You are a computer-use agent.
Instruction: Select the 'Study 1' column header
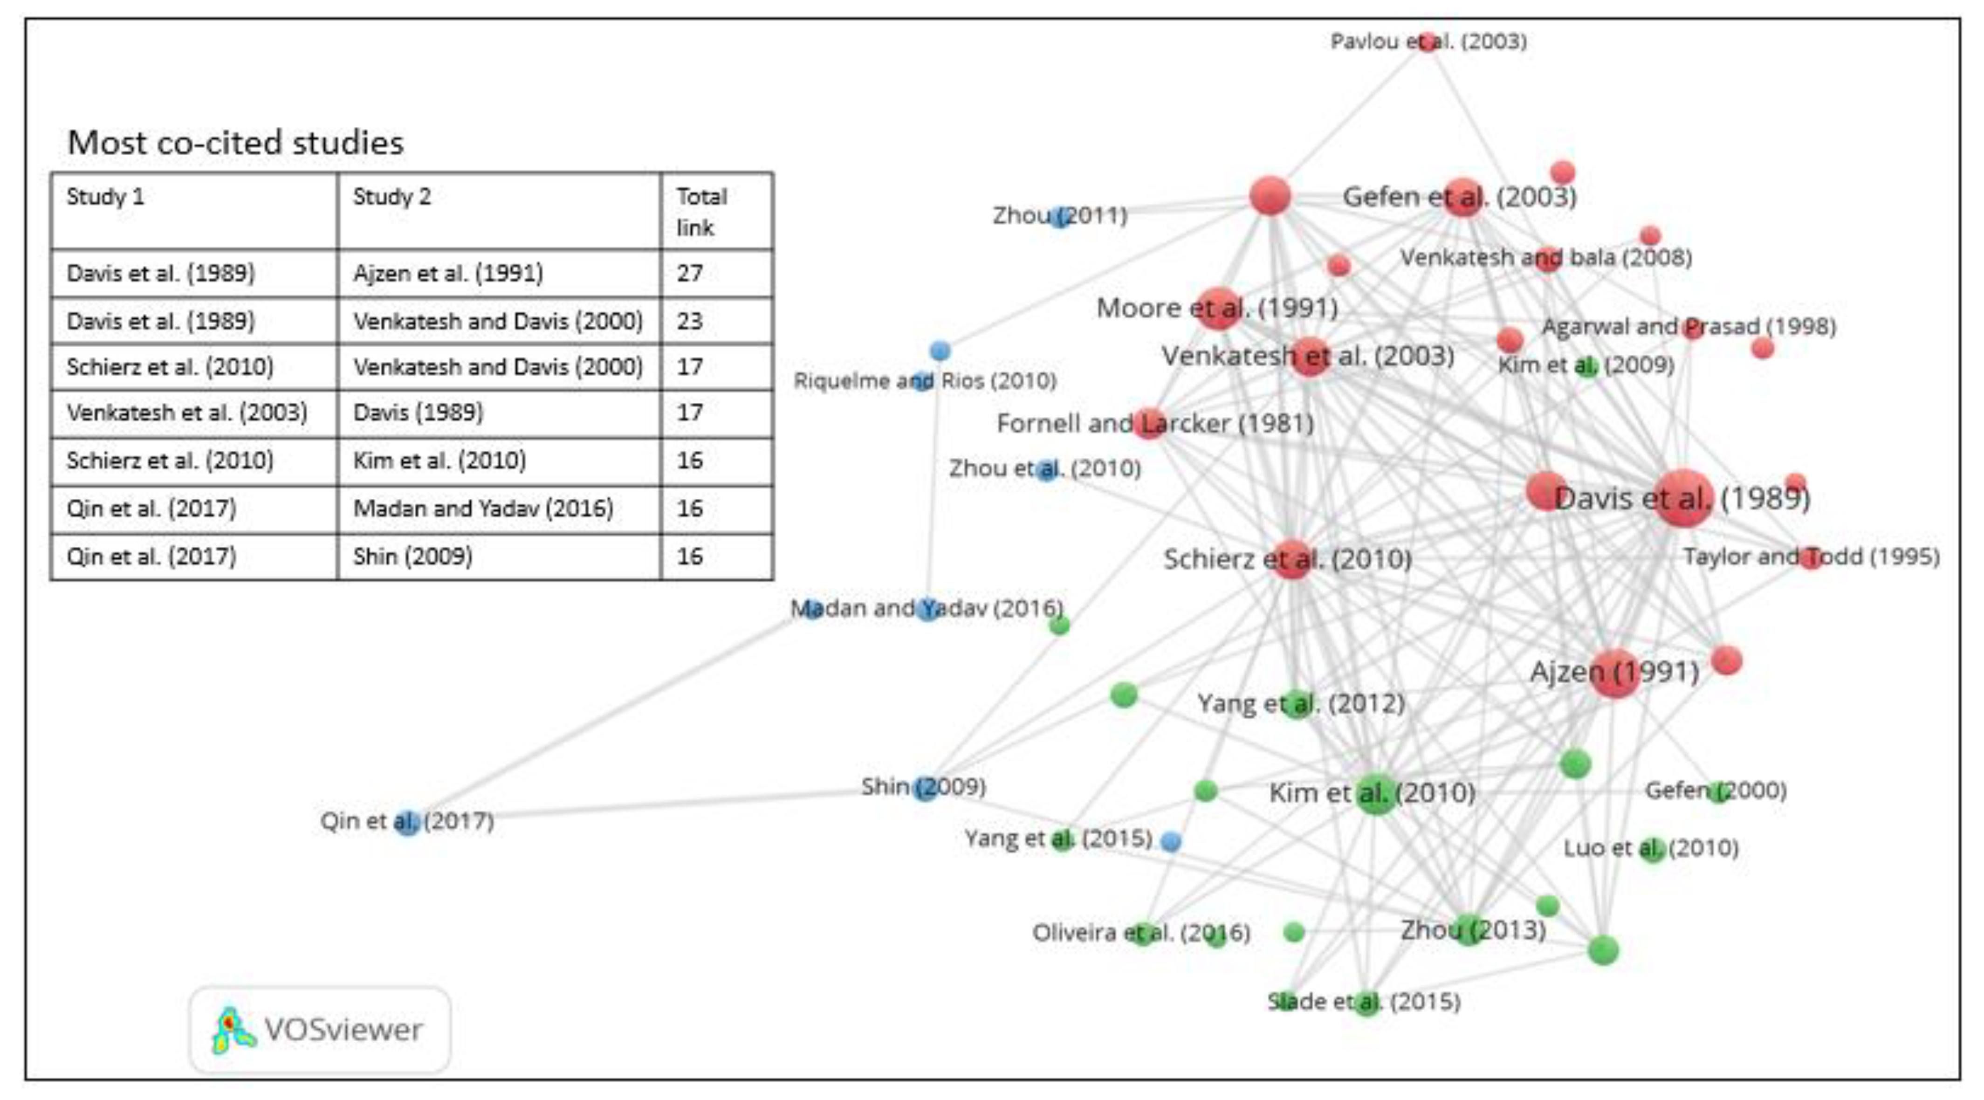105,197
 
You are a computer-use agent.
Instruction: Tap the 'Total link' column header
701,212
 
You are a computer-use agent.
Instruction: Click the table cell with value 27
690,274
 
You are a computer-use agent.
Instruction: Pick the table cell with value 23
690,321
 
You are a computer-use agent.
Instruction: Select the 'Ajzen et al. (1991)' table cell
448,274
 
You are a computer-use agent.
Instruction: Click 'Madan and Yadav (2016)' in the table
483,509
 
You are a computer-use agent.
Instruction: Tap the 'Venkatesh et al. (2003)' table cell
187,413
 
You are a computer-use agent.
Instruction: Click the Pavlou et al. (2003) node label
1429,41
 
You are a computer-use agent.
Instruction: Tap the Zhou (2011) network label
1060,216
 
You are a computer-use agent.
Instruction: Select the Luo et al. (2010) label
1650,849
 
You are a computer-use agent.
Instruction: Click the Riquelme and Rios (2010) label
925,380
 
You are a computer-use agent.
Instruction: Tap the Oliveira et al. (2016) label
1140,934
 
